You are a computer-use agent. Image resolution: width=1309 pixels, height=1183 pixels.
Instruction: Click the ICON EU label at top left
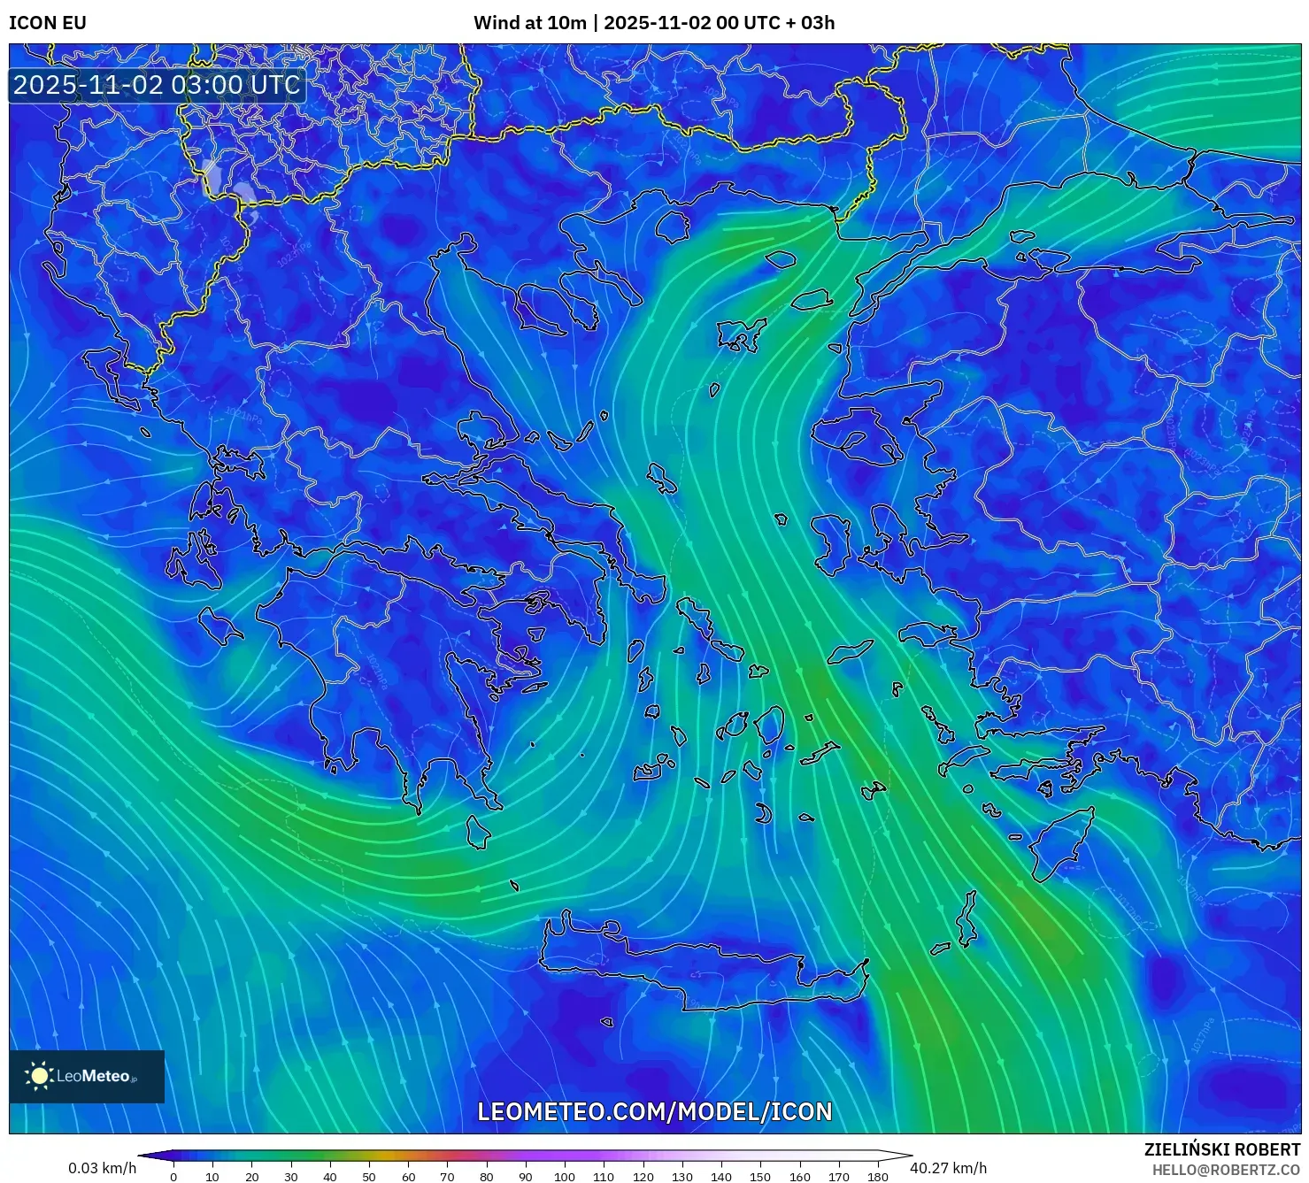coord(48,23)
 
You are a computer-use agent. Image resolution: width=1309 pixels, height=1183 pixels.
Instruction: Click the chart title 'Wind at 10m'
coord(529,23)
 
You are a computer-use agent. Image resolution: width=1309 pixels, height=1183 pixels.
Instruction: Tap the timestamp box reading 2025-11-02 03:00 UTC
coord(157,85)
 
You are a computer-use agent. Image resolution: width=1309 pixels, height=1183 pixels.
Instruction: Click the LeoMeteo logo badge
coord(87,1076)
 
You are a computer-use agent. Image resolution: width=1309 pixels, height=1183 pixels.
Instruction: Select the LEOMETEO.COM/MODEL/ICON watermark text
coord(655,1111)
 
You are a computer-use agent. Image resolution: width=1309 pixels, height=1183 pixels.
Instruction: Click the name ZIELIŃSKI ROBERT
coord(1222,1149)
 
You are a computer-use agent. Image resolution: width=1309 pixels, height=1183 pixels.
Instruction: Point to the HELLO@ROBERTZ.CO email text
coord(1226,1170)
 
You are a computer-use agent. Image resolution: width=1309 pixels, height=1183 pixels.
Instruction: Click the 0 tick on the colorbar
coord(173,1176)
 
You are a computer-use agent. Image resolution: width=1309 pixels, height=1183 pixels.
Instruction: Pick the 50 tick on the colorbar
coord(369,1176)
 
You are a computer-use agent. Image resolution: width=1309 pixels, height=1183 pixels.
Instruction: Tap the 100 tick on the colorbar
coord(565,1176)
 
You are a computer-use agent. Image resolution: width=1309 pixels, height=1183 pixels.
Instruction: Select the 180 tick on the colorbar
coord(877,1176)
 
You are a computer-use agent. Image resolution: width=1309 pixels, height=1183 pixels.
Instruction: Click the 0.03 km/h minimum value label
coord(103,1168)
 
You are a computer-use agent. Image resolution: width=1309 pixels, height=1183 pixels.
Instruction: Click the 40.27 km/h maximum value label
coord(948,1168)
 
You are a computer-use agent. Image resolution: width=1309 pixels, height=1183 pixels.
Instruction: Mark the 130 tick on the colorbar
coord(681,1176)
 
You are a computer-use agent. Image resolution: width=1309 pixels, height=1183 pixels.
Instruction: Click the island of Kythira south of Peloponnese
coord(478,832)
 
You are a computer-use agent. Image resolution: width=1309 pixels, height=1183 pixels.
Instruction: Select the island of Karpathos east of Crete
coord(967,920)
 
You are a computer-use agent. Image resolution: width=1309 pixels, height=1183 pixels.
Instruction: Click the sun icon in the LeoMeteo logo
coord(40,1076)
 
